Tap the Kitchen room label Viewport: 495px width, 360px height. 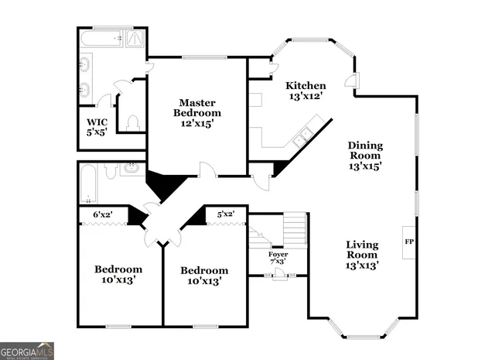306,85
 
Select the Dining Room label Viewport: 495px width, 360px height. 365,156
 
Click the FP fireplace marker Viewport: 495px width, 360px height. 408,242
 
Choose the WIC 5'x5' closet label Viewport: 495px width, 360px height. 97,127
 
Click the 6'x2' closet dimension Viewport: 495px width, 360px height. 103,214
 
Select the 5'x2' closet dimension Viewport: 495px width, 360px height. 225,214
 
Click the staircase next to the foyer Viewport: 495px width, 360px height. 295,229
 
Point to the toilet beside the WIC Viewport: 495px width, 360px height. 132,124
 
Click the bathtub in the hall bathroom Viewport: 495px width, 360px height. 87,183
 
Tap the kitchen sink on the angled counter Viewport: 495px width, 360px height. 302,137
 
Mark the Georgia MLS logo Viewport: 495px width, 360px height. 27,350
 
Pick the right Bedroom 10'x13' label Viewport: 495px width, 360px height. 204,276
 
